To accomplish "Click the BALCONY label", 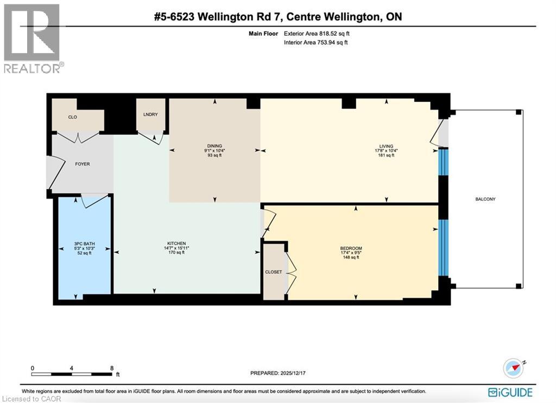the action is pos(485,199).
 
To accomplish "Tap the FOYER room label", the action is pos(83,164).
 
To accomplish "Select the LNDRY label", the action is pos(150,114).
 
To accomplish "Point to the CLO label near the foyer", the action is pos(72,117).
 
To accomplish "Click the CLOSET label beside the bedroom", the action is pos(274,272).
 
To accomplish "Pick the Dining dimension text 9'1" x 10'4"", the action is pos(214,150).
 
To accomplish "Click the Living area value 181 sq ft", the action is pos(386,155).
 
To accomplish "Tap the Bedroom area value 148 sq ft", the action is pos(351,258).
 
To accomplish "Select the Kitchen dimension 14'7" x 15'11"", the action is pos(176,248).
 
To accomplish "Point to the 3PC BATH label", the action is pos(84,244).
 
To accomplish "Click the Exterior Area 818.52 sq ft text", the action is pos(317,34).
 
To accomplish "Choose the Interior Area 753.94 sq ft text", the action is pos(315,42).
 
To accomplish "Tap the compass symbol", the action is pos(513,368).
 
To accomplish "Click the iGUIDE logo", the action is pos(510,392).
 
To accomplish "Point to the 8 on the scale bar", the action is pos(112,368).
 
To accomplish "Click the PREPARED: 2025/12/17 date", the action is pos(278,373).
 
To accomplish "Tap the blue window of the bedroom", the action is pos(444,247).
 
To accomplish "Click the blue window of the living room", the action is pos(444,162).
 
